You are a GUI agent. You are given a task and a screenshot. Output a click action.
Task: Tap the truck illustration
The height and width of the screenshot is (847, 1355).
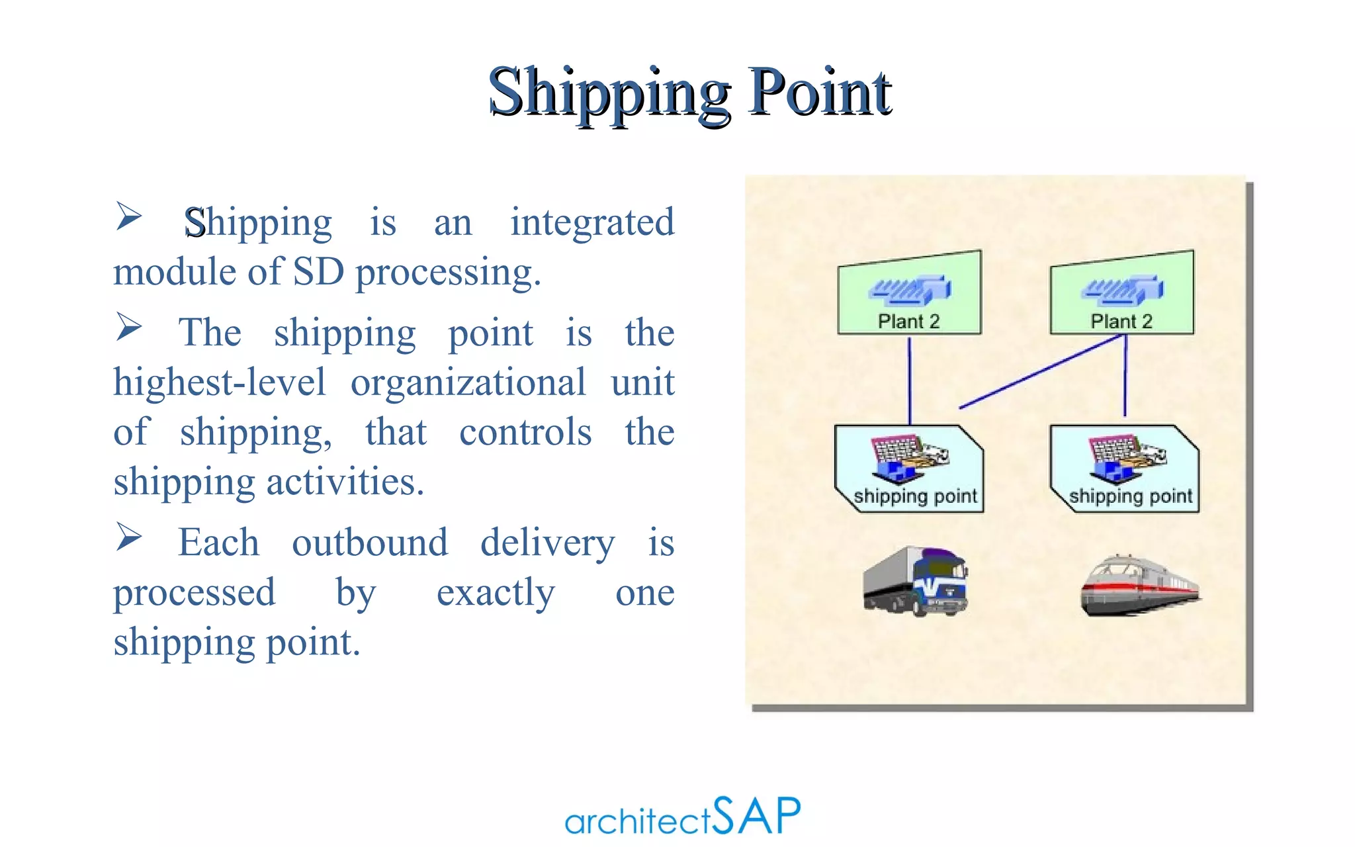click(x=915, y=581)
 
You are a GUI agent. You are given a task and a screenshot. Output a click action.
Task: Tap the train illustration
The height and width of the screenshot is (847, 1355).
click(x=1139, y=586)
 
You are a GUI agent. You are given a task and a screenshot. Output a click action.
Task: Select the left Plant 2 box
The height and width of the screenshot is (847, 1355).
click(x=909, y=294)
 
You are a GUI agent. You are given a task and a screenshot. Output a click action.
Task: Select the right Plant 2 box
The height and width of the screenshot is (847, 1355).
click(x=1122, y=294)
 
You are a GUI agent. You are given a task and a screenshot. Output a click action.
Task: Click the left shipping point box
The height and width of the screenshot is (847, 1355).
click(x=909, y=468)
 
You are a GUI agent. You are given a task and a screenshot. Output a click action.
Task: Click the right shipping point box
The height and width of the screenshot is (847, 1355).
click(x=1125, y=468)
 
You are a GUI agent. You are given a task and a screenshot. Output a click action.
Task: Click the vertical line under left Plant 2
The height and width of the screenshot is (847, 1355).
click(x=910, y=380)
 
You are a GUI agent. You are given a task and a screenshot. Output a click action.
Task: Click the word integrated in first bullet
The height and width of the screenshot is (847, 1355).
click(x=592, y=222)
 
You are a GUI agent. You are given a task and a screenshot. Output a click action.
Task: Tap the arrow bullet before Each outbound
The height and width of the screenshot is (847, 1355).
click(x=128, y=536)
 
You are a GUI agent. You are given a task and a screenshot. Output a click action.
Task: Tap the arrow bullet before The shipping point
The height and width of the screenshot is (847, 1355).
click(x=128, y=326)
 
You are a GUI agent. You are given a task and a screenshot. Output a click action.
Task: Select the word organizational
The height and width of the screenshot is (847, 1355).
click(x=468, y=383)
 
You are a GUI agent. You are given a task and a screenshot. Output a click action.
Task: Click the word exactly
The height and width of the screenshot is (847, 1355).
click(x=496, y=592)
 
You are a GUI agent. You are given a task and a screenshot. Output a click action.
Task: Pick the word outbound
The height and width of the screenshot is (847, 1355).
click(x=370, y=543)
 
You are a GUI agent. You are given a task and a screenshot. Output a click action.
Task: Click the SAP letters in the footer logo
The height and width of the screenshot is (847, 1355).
click(x=757, y=816)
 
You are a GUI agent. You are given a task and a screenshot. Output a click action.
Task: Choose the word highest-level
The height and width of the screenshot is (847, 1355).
click(x=220, y=383)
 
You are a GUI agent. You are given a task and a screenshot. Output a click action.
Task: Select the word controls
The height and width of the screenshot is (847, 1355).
click(x=525, y=433)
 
